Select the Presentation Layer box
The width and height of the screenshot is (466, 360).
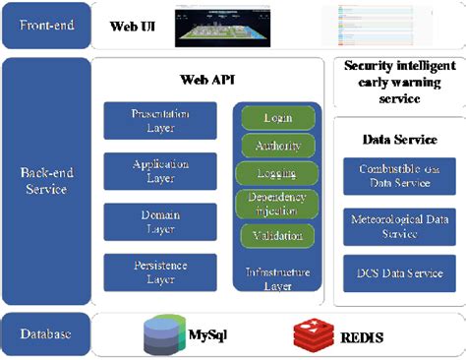click(160, 120)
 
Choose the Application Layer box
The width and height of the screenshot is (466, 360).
click(160, 172)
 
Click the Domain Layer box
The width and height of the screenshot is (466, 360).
click(160, 222)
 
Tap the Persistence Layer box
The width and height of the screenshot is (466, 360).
click(160, 272)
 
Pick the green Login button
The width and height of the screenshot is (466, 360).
click(277, 117)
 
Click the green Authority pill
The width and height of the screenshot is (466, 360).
click(277, 146)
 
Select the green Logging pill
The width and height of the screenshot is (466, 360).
click(277, 174)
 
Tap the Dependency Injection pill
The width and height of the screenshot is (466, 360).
click(277, 205)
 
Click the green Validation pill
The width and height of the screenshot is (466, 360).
click(277, 236)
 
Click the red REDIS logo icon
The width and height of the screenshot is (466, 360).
click(312, 335)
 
